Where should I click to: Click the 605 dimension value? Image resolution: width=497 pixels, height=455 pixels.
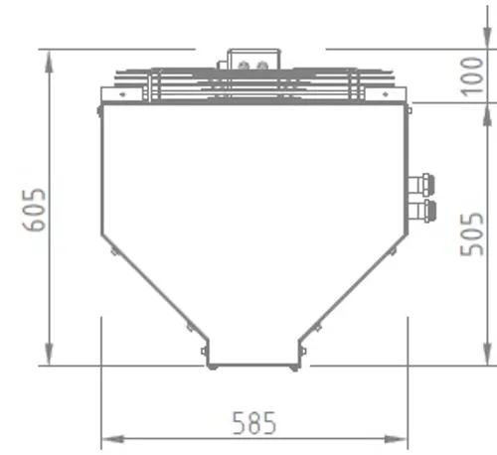pyautogui.click(x=34, y=210)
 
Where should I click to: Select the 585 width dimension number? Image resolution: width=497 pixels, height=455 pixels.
pyautogui.click(x=254, y=423)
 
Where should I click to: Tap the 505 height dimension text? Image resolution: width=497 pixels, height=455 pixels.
pyautogui.click(x=471, y=234)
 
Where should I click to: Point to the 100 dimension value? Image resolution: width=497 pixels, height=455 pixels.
pyautogui.click(x=472, y=76)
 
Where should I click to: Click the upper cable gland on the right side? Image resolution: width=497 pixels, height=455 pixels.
pyautogui.click(x=421, y=185)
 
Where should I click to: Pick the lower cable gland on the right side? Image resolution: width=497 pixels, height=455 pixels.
pyautogui.click(x=422, y=211)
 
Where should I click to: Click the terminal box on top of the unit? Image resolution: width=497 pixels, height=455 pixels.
pyautogui.click(x=253, y=60)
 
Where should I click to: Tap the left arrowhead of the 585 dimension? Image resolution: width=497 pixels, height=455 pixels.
pyautogui.click(x=113, y=439)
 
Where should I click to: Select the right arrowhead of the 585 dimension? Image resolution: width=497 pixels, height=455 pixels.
pyautogui.click(x=396, y=439)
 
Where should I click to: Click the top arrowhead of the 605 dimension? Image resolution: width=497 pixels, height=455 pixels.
pyautogui.click(x=49, y=62)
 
